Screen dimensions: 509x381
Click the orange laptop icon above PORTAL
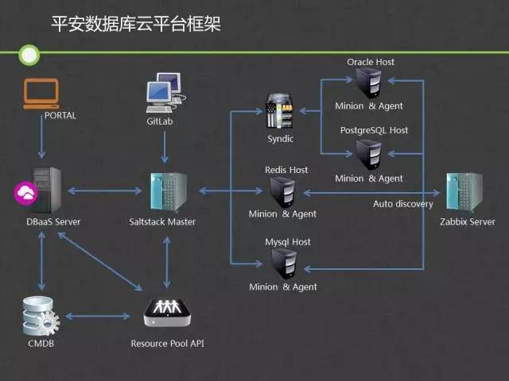click(41, 94)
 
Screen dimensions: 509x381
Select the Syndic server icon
click(280, 111)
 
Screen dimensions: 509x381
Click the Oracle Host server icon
click(369, 83)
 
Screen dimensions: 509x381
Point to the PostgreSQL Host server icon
click(369, 155)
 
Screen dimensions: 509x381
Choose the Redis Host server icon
click(282, 192)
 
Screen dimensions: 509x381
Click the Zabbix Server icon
click(464, 192)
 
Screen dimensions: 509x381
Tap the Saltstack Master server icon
click(169, 192)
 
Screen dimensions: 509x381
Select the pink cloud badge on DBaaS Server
click(25, 194)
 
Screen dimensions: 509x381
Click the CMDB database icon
click(41, 316)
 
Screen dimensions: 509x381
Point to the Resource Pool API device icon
click(167, 312)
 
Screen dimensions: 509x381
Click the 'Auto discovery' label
click(403, 204)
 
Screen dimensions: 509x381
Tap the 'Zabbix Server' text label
click(468, 222)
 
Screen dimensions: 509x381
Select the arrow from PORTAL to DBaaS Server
click(41, 137)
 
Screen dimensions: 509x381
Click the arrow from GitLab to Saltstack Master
click(165, 147)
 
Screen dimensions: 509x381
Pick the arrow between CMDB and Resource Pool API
click(98, 316)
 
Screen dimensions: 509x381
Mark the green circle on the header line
click(29, 55)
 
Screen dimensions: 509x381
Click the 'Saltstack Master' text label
click(162, 222)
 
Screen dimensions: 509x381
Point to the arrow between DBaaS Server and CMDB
click(41, 261)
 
